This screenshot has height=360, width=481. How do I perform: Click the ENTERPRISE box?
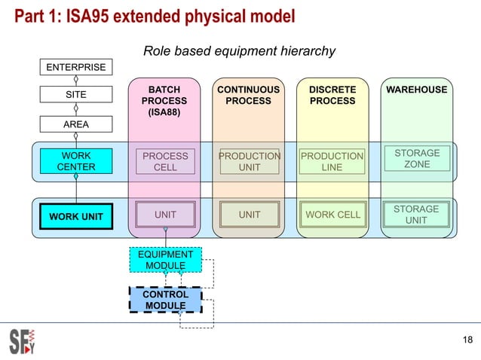(x=76, y=68)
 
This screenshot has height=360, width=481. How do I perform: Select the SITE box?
(x=76, y=95)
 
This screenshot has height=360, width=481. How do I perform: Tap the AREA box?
(x=76, y=123)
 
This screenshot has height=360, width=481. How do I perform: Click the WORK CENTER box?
(x=76, y=161)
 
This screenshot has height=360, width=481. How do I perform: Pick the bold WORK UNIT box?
(x=76, y=218)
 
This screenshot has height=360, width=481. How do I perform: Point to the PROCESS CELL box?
(x=165, y=161)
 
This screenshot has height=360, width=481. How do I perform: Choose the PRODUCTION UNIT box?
(x=250, y=161)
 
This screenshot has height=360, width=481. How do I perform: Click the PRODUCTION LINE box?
(x=332, y=161)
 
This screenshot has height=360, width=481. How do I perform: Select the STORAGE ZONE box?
(x=417, y=158)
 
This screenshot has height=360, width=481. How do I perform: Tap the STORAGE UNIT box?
(x=417, y=215)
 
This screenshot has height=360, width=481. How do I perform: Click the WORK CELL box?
(x=332, y=215)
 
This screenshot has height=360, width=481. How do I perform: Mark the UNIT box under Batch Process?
(x=165, y=215)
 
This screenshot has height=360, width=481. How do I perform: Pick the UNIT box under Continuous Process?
(x=250, y=215)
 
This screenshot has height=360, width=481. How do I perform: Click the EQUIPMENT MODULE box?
(x=165, y=260)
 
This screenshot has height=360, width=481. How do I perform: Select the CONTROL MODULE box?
(x=165, y=300)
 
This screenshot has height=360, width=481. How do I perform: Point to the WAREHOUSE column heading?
(x=417, y=90)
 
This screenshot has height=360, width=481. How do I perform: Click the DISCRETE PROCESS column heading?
(x=332, y=95)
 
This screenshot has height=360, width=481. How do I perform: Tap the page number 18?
(x=467, y=343)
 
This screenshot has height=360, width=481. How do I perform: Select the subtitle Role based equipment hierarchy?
(x=239, y=51)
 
